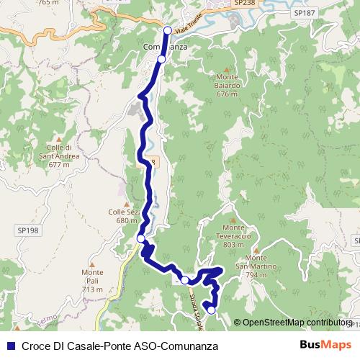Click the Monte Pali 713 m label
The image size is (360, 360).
(92, 281)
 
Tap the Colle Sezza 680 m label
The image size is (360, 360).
(122, 217)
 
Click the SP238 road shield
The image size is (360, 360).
(245, 4)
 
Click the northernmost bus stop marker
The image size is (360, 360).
(168, 30)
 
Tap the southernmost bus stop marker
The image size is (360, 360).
(211, 310)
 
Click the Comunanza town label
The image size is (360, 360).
(166, 47)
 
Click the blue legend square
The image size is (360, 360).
(10, 346)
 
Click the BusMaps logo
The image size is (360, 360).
(326, 345)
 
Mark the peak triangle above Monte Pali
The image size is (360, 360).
(92, 264)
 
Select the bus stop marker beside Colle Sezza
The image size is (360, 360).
(141, 238)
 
